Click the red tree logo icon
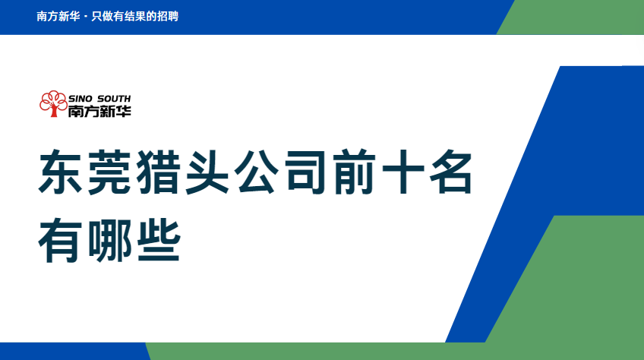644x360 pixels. pos(53,103)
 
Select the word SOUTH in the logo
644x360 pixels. pos(114,99)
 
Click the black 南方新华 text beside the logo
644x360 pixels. pos(99,111)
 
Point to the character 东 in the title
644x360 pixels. pos(60,172)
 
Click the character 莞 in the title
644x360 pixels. pos(109,172)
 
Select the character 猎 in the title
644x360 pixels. pos(158,172)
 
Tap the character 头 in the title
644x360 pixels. pos(207,172)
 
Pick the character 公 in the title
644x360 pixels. pos(256,172)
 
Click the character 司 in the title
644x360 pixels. pos(305,172)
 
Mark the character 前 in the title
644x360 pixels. pos(354,172)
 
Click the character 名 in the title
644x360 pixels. pos(452,172)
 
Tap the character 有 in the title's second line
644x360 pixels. pos(60,241)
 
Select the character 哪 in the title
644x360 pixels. pos(109,241)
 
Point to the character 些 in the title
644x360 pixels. pos(158,241)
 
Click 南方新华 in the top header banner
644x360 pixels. pos(58,17)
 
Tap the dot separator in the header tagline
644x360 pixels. pos(85,17)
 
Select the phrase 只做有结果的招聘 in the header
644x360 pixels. pos(134,17)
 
